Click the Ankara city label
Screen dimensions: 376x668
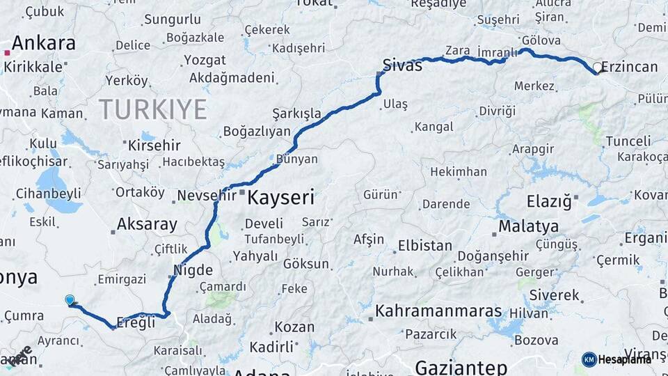pyautogui.click(x=43, y=43)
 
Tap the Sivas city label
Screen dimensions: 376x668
pyautogui.click(x=403, y=66)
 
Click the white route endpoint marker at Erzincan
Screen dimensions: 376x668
pyautogui.click(x=597, y=68)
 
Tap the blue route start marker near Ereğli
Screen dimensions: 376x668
pyautogui.click(x=70, y=300)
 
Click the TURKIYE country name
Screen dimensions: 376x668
pyautogui.click(x=152, y=109)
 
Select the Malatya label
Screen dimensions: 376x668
pyautogui.click(x=528, y=226)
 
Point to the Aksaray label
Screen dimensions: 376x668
pyautogui.click(x=147, y=224)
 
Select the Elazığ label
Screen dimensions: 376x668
pyautogui.click(x=548, y=202)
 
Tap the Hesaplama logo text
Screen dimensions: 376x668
pyautogui.click(x=625, y=359)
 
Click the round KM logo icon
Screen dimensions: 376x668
pyautogui.click(x=589, y=359)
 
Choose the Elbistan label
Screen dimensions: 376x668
pyautogui.click(x=424, y=246)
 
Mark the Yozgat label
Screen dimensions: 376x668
pyautogui.click(x=204, y=60)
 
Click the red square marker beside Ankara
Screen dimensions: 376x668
pyautogui.click(x=6, y=52)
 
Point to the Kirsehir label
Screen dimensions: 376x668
pyautogui.click(x=154, y=146)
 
